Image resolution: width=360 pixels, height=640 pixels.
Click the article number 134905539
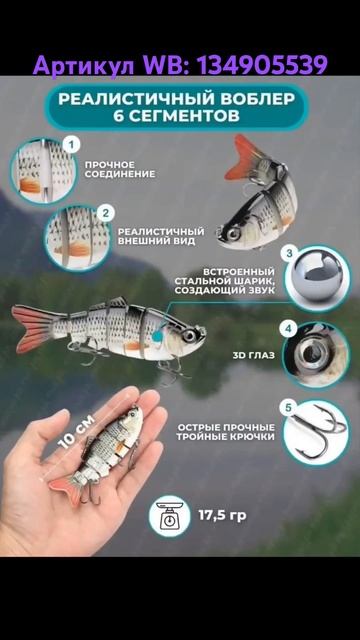click(261, 66)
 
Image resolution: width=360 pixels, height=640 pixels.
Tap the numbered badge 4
click(288, 328)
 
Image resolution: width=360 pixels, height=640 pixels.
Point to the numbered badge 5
click(288, 407)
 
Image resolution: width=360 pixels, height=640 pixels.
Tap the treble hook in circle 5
click(318, 430)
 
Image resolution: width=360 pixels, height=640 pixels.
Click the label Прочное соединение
click(119, 169)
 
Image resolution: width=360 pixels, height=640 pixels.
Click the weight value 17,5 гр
click(221, 515)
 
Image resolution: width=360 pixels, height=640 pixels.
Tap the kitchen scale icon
click(170, 515)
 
